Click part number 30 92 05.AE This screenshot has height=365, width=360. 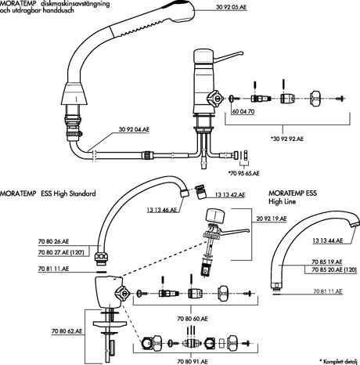pos(231,7)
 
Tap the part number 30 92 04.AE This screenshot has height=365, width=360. pos(134,129)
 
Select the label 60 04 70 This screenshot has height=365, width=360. pos(243,111)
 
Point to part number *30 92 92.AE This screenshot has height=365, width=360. pos(287,139)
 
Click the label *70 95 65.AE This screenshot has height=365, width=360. pos(243,173)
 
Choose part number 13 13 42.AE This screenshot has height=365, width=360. pos(230,195)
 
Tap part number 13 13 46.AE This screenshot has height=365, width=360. pos(162,210)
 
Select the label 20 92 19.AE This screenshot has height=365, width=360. pos(272,219)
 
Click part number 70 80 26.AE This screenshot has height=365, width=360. pos(53,241)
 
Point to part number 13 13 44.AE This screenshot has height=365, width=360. pos(328,240)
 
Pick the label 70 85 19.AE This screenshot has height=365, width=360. pos(327,262)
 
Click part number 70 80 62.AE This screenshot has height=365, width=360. pos(67,331)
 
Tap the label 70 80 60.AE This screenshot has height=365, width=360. pos(193,319)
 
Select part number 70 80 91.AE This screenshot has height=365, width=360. pos(193,361)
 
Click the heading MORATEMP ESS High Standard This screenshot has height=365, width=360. pos(48,193)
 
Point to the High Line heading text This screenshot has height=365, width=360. pos(283,201)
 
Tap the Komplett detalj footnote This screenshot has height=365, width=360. pos(340,362)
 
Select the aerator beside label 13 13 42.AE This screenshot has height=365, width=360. pos(200,192)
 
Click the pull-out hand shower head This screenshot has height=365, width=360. pos(154,21)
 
